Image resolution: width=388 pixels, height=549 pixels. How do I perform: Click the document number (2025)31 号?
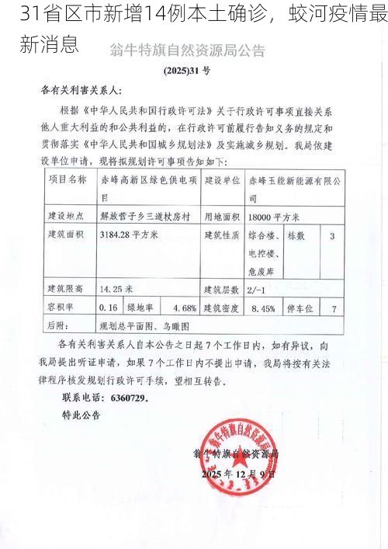[186, 70]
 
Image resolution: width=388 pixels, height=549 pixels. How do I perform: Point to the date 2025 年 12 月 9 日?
[237, 474]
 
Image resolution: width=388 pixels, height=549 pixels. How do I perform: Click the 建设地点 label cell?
[68, 215]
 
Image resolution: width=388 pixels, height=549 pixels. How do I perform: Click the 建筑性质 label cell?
[220, 234]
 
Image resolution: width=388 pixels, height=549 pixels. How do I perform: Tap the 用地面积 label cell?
[220, 215]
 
